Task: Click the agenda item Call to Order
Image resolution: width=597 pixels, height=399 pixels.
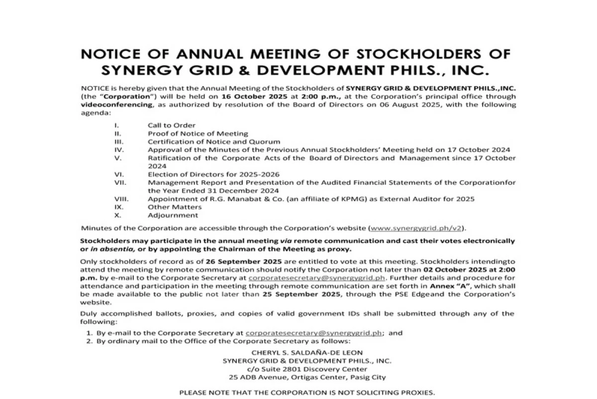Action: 171,126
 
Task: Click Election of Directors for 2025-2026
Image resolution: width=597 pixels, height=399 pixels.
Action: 213,174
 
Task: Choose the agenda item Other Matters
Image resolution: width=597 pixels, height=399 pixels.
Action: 174,207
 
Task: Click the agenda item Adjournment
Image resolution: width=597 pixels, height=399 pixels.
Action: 172,216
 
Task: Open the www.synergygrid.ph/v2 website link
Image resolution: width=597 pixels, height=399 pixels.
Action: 416,228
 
